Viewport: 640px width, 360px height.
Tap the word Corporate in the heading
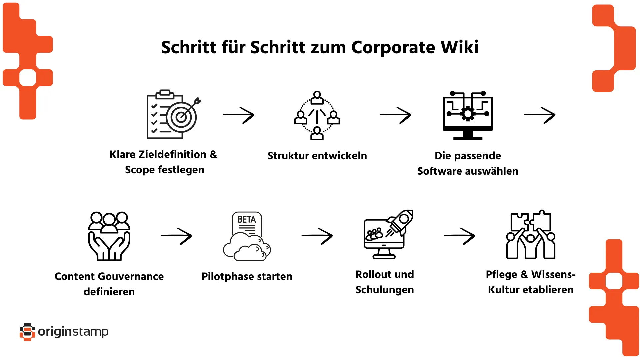(393, 47)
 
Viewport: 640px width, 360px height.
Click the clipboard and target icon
(173, 114)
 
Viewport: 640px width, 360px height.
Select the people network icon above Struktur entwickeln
(317, 115)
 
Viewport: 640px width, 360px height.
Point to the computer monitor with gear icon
(468, 115)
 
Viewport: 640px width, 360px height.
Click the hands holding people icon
(109, 236)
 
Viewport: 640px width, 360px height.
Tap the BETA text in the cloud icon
(247, 220)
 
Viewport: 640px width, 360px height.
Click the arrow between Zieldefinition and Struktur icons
(239, 115)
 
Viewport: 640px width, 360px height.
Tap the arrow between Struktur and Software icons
(396, 115)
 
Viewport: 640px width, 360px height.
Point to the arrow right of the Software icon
(540, 115)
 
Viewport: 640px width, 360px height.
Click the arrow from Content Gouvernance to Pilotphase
(176, 236)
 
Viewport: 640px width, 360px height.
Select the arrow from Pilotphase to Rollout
(317, 236)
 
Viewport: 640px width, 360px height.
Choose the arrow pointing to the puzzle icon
(459, 236)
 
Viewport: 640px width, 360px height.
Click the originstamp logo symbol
(27, 332)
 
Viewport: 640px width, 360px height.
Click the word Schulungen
(385, 290)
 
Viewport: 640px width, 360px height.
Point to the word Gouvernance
(131, 277)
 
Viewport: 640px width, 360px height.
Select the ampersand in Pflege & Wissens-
(524, 274)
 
